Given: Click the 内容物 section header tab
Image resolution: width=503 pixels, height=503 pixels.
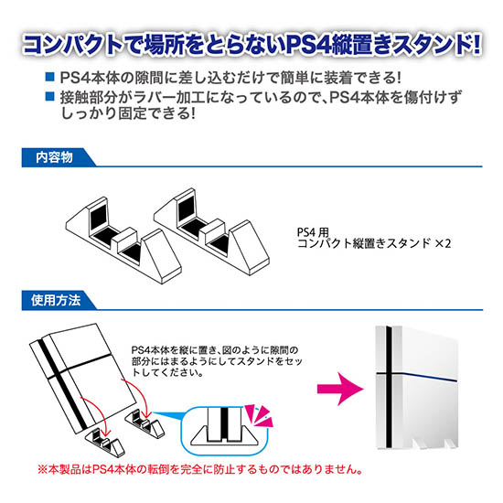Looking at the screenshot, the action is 58,157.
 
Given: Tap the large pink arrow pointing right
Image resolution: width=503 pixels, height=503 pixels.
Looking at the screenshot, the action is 340,389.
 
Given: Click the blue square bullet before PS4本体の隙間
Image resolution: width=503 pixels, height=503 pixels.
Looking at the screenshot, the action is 50,77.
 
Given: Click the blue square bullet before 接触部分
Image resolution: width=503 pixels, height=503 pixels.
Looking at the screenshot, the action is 50,96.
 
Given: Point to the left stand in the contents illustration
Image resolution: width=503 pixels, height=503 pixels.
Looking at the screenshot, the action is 123,241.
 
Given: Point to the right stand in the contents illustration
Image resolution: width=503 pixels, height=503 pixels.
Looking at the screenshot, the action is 212,231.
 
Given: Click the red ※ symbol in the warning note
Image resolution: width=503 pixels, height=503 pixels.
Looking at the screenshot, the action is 43,469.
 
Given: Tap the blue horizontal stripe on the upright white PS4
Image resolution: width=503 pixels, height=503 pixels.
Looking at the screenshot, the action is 417,376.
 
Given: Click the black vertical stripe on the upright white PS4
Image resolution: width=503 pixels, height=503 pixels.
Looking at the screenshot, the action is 389,387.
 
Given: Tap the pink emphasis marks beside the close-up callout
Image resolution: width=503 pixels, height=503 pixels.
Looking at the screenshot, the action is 259,416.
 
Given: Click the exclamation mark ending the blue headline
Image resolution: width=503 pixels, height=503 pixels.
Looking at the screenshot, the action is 476,44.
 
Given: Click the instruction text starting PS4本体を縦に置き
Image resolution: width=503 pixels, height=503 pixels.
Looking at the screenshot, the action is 217,361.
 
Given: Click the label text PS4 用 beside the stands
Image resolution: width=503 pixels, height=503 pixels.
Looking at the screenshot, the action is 313,232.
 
